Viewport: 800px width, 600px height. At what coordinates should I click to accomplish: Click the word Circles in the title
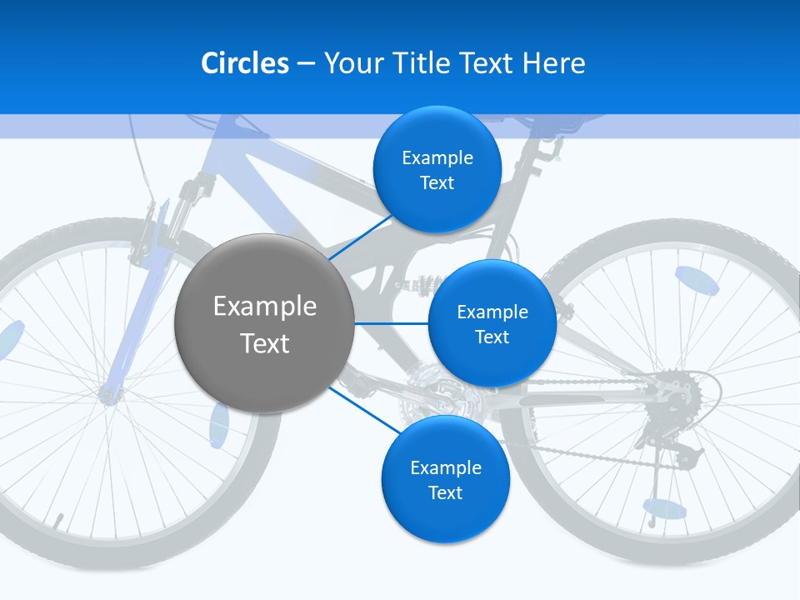click(x=245, y=63)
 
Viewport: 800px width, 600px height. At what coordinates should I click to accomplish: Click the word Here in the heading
click(x=553, y=63)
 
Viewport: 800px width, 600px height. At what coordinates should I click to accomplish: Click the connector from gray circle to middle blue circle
click(x=391, y=322)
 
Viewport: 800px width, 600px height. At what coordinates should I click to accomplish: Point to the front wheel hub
click(x=108, y=392)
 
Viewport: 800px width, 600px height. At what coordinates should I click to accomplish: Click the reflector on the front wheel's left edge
click(x=10, y=340)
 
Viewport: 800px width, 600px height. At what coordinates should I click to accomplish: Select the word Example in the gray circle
click(x=264, y=306)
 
